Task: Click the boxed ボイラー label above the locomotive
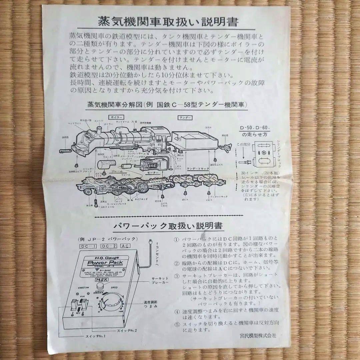point(116,117)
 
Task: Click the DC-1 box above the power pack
point(87,246)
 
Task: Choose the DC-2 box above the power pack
point(109,246)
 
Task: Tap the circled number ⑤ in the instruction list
point(177,324)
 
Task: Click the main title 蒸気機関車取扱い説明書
point(168,22)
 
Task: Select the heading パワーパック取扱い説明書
point(168,226)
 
